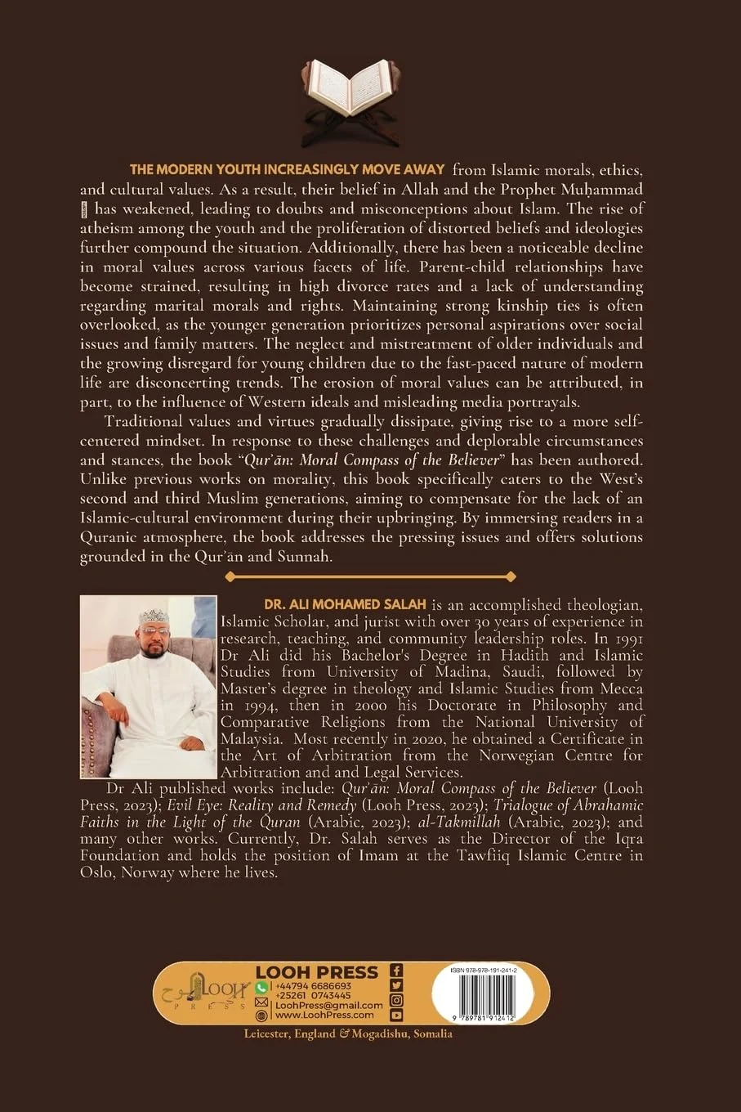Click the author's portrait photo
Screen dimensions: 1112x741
tap(149, 686)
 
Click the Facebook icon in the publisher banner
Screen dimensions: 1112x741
tap(396, 971)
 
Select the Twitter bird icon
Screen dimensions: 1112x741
tap(396, 985)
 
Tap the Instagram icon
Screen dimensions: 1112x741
tap(396, 1000)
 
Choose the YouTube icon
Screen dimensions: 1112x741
tap(396, 1015)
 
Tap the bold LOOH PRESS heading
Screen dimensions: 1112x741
tap(317, 972)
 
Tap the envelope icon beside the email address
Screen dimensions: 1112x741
tap(261, 1002)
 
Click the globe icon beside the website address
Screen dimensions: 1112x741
tap(261, 1015)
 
